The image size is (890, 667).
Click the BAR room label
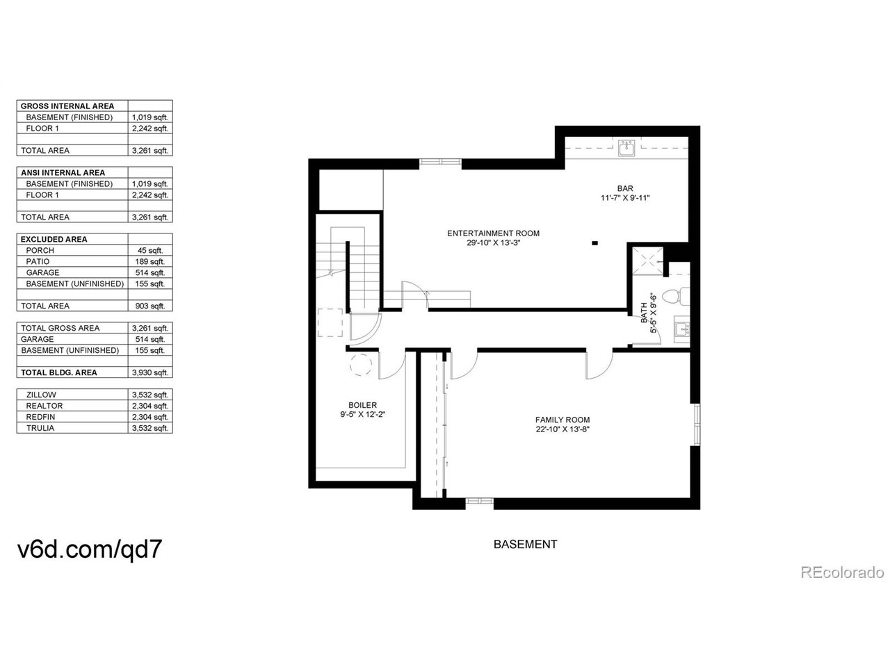click(x=625, y=188)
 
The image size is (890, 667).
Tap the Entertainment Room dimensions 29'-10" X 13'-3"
click(x=493, y=243)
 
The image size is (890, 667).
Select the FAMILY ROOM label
click(x=562, y=420)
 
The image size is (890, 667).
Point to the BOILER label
click(x=362, y=405)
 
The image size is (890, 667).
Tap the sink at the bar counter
click(x=626, y=148)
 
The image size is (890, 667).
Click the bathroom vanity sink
click(x=682, y=329)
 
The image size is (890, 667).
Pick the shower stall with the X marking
click(x=648, y=261)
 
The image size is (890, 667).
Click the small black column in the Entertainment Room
click(x=594, y=243)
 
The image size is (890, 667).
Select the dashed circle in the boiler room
click(x=360, y=365)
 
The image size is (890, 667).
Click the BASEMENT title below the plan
click(x=525, y=544)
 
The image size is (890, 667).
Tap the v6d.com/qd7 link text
click(x=90, y=549)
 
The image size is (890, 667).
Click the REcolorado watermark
click(x=842, y=573)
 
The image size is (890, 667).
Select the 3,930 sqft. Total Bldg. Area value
click(x=150, y=372)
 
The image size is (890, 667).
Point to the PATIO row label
click(x=38, y=262)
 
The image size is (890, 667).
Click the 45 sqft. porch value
click(x=150, y=251)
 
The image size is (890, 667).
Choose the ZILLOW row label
click(x=41, y=395)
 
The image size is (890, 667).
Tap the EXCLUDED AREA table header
click(x=54, y=239)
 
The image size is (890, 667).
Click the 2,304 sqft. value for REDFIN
click(x=150, y=417)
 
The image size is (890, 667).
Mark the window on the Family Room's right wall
click(x=696, y=425)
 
